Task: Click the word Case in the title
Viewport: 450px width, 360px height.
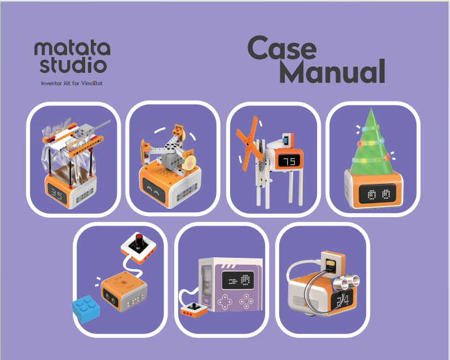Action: pos(282,48)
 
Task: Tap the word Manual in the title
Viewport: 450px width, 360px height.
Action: pos(332,71)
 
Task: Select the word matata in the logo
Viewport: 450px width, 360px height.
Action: pos(72,48)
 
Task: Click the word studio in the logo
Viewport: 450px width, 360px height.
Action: pos(73,64)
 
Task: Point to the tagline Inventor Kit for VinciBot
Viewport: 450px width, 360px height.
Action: pos(72,84)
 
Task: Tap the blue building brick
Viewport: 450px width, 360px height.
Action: pos(86,309)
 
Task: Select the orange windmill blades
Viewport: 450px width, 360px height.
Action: pos(249,143)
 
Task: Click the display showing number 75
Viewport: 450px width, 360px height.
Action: pos(289,161)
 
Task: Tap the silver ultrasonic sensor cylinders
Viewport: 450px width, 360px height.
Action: pos(348,280)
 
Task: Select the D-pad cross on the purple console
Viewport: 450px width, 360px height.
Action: pos(226,301)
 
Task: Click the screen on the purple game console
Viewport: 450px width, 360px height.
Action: pos(238,280)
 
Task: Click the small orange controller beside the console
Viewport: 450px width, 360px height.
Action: pos(194,310)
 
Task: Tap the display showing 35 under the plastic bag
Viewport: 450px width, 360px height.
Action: pos(57,194)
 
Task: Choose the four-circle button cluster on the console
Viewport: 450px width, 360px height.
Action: pos(246,301)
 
